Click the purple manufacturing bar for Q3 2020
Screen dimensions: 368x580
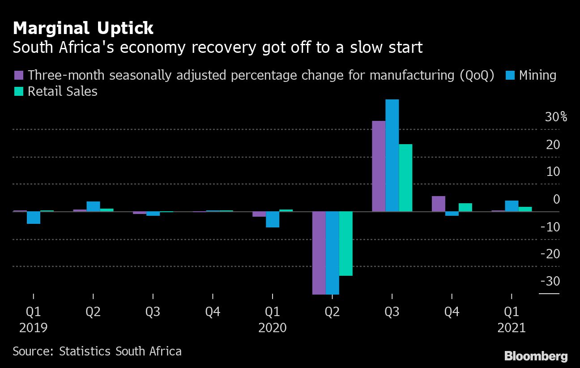379,166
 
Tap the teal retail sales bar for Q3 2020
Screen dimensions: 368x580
405,178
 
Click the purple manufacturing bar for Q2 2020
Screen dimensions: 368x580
319,252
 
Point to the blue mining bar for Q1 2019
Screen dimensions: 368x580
34,218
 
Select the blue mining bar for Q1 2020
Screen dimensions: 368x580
273,219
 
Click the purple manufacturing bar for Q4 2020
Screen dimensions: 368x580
439,204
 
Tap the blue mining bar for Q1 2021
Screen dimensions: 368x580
512,206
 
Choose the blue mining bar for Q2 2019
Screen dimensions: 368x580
93,206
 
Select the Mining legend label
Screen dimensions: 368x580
537,75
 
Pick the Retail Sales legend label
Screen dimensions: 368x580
62,91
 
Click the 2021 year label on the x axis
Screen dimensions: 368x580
512,328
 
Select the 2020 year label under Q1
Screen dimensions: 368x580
273,328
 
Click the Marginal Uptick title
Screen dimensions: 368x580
83,29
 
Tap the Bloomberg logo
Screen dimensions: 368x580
536,356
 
